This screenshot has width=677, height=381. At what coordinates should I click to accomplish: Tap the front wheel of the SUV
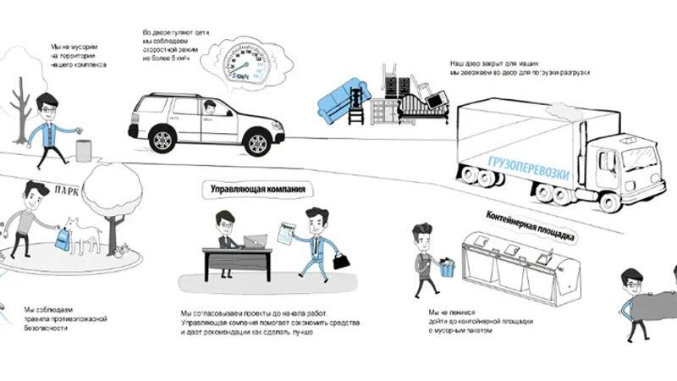pyautogui.click(x=256, y=141)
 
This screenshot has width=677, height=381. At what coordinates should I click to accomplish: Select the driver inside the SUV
pyautogui.click(x=209, y=109)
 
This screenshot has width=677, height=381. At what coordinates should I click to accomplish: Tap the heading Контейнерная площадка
pyautogui.click(x=531, y=226)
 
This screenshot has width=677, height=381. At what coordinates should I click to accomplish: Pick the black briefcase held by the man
pyautogui.click(x=341, y=261)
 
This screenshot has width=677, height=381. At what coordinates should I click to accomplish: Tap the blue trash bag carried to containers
pyautogui.click(x=447, y=268)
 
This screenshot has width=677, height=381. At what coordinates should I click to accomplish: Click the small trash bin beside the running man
pyautogui.click(x=83, y=151)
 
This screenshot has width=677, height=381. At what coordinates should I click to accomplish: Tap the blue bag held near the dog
pyautogui.click(x=63, y=240)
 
